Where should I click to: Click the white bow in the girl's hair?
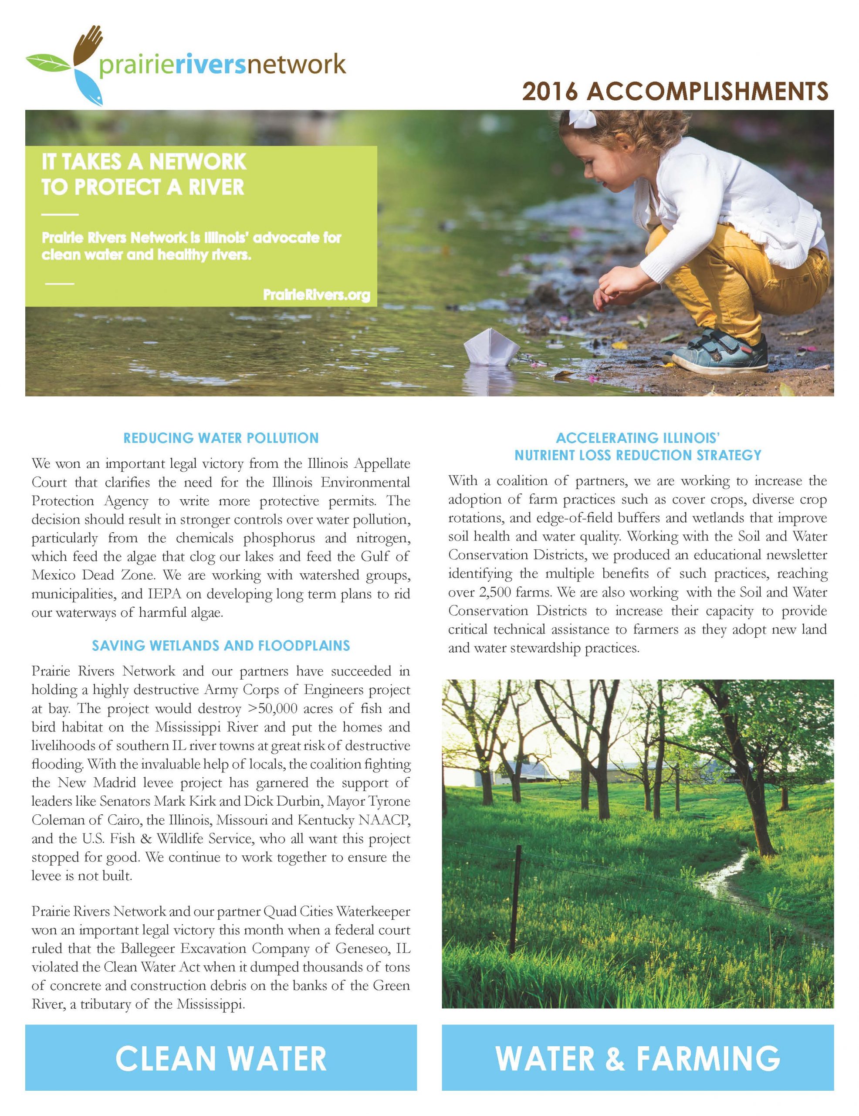coord(583,119)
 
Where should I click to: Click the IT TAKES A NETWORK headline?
coord(144,162)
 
